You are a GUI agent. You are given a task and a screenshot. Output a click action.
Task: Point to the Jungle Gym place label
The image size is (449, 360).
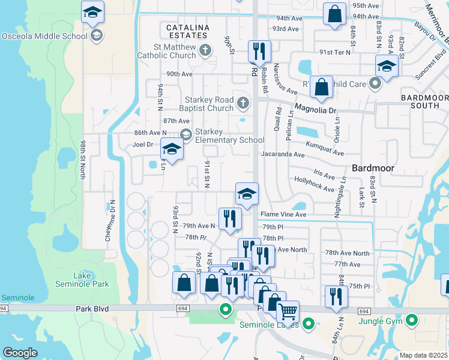(379, 321)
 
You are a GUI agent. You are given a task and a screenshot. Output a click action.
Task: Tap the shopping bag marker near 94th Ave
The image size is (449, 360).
(334, 13)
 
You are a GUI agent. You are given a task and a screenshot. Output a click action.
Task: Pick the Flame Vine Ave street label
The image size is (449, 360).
(283, 214)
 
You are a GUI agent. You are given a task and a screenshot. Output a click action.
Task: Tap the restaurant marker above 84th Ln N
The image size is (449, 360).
(336, 296)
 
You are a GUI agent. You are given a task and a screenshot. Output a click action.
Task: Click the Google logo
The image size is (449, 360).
(20, 353)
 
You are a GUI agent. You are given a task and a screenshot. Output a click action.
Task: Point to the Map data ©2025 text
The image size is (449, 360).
(423, 355)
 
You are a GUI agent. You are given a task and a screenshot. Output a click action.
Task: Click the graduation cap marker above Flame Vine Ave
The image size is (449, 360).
(246, 194)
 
